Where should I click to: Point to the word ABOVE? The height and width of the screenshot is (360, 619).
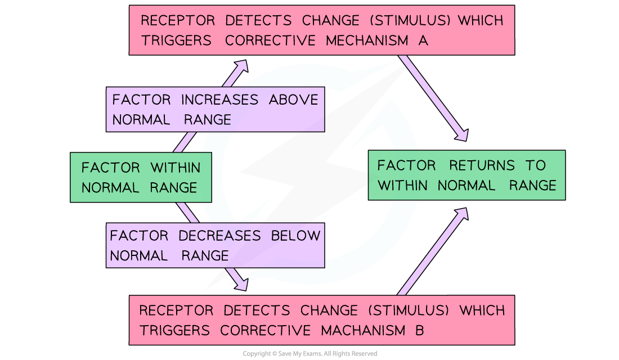click(x=293, y=100)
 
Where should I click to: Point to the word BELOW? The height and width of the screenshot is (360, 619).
click(x=295, y=235)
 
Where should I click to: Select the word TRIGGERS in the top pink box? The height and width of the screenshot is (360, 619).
click(x=176, y=40)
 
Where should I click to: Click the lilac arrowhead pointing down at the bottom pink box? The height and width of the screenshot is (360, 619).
click(x=242, y=285)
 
